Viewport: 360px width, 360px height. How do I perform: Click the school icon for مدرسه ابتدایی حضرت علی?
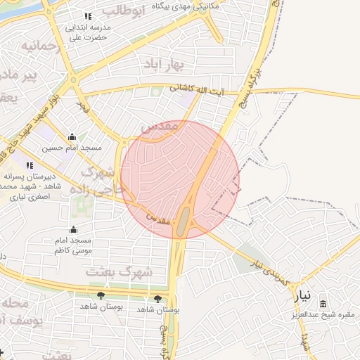pos(88,16)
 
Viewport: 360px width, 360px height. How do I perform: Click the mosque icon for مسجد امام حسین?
pos(72,137)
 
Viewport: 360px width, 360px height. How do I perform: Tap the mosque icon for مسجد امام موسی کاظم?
pos(73,229)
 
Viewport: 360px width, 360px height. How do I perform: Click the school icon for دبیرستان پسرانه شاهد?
pos(30,165)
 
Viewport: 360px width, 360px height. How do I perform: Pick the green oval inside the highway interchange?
pos(182,221)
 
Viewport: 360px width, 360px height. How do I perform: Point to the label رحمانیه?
pos(37,46)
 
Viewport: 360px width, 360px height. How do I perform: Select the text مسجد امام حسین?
pos(72,148)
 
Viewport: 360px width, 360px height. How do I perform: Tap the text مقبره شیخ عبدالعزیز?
pos(323,314)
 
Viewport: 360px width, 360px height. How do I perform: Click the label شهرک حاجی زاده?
pos(103,180)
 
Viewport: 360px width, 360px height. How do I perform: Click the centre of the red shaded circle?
pos(180,179)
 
